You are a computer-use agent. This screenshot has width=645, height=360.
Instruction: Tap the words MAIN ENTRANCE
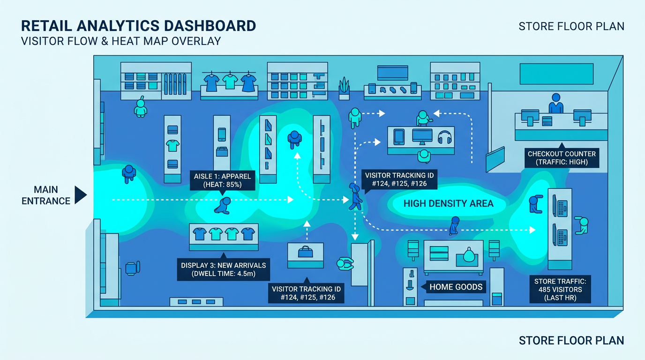point(46,195)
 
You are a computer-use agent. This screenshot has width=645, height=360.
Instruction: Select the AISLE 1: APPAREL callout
point(222,180)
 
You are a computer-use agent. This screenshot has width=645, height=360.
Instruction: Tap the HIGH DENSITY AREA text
point(448,203)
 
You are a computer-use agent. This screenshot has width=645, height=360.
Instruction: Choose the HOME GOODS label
point(456,287)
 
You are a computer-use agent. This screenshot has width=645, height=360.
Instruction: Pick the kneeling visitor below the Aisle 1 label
point(223,205)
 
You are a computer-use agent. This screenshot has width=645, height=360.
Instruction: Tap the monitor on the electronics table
point(421,136)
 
